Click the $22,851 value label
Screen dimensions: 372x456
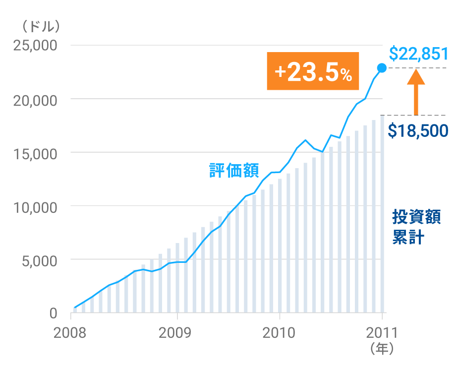418,53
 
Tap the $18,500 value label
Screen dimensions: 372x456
418,131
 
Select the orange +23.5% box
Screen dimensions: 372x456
313,71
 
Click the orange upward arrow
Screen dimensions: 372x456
416,92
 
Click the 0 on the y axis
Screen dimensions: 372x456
53,313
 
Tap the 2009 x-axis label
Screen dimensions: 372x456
177,332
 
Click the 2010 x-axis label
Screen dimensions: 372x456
280,332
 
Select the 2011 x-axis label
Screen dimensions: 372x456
382,332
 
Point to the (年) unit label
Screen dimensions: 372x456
382,349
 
